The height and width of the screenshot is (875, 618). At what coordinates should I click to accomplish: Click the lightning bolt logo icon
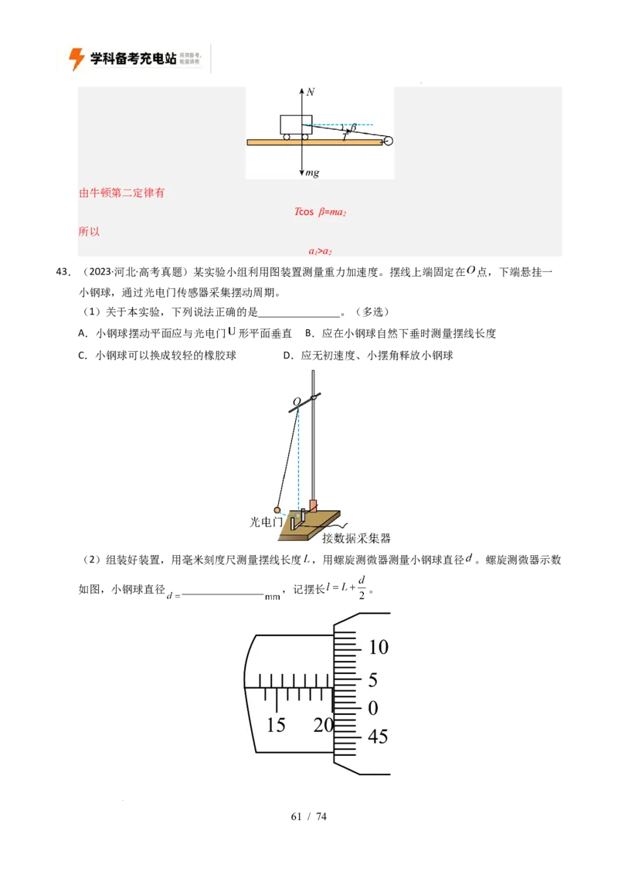pos(76,59)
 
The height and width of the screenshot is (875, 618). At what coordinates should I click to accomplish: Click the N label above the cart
pos(311,92)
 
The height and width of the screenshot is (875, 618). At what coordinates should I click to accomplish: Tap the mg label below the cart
pos(312,173)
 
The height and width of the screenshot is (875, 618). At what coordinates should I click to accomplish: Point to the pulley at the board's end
pos(388,141)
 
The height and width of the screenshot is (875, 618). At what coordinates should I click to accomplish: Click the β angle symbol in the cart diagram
pos(354,128)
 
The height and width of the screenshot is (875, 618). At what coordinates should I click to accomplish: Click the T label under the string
pos(345,136)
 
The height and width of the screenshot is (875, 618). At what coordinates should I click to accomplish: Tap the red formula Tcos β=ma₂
pos(320,212)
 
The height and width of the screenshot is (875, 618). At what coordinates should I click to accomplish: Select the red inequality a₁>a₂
pos(320,252)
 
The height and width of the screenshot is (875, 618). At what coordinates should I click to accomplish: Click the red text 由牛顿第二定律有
pos(122,193)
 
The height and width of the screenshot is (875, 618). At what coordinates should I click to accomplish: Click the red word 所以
pos(90,231)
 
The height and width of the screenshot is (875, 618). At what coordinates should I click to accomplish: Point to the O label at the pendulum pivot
pos(296,402)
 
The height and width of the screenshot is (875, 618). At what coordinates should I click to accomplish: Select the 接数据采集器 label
pos(356,538)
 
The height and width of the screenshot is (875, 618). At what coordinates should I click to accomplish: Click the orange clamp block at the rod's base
pos(313,506)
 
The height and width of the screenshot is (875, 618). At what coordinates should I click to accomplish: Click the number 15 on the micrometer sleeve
pos(276,725)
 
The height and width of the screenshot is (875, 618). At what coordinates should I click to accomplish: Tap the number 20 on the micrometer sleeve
pos(323,725)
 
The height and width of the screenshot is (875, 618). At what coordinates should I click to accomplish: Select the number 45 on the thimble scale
pos(378,737)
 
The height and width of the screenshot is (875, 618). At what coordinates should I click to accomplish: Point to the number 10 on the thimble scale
pos(378,647)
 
